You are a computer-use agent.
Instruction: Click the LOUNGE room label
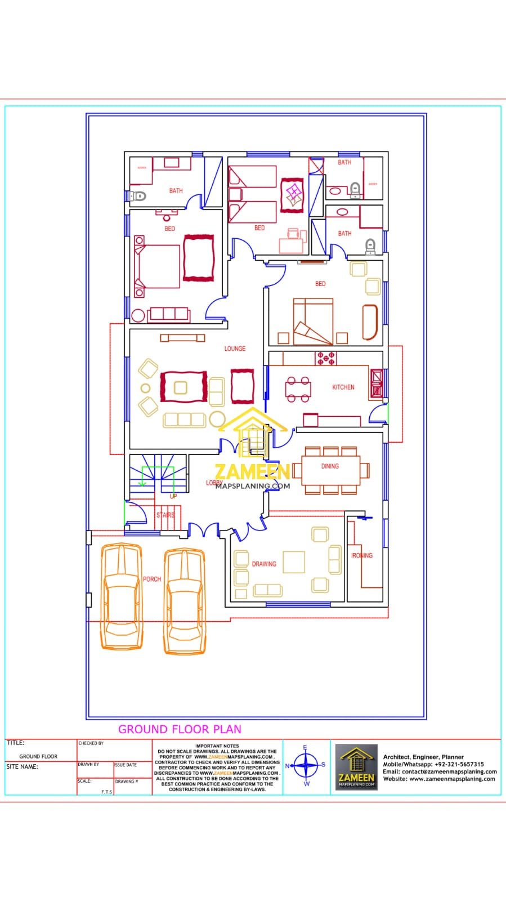pyautogui.click(x=235, y=349)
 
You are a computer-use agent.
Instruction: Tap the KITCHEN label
pyautogui.click(x=343, y=387)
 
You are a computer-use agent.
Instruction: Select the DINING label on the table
pyautogui.click(x=330, y=466)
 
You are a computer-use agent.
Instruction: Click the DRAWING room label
pyautogui.click(x=264, y=564)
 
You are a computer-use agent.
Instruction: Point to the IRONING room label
pyautogui.click(x=362, y=555)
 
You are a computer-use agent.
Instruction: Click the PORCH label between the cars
pyautogui.click(x=151, y=579)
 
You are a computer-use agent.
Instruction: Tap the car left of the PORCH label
pyautogui.click(x=121, y=597)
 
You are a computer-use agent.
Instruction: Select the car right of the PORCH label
pyautogui.click(x=183, y=601)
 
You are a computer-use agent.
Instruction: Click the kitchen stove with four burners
pyautogui.click(x=326, y=358)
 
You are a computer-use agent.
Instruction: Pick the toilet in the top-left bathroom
pyautogui.click(x=137, y=197)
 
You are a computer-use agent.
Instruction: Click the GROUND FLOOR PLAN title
pyautogui.click(x=180, y=729)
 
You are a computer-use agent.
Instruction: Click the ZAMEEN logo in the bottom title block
pyautogui.click(x=356, y=766)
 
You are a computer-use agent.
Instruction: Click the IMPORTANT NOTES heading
pyautogui.click(x=217, y=746)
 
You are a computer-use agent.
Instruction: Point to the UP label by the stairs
pyautogui.click(x=173, y=496)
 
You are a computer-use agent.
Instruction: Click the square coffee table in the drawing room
pyautogui.click(x=294, y=561)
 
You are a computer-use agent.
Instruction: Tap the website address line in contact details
pyautogui.click(x=439, y=779)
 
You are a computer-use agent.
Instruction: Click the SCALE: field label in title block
pyautogui.click(x=84, y=781)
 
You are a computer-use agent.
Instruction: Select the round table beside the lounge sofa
pyautogui.click(x=217, y=419)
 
